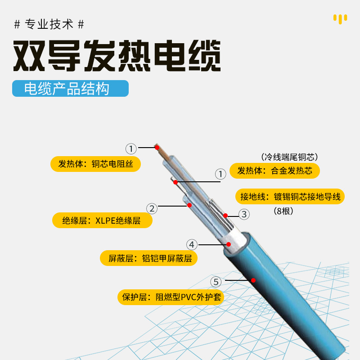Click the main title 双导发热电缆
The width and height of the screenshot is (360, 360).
pyautogui.click(x=117, y=56)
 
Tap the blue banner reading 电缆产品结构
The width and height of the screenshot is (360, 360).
pyautogui.click(x=70, y=89)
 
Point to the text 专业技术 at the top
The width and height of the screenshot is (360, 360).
pyautogui.click(x=49, y=24)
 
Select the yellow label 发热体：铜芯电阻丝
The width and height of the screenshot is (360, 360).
pyautogui.click(x=95, y=164)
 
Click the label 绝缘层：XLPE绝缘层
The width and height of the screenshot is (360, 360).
pyautogui.click(x=101, y=220)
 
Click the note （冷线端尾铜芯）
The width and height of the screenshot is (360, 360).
pyautogui.click(x=289, y=157)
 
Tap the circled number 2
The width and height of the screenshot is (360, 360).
pyautogui.click(x=152, y=208)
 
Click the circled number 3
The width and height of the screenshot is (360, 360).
pyautogui.click(x=243, y=215)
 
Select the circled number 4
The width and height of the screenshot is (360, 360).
pyautogui.click(x=192, y=245)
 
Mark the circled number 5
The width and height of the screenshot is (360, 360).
pyautogui.click(x=216, y=282)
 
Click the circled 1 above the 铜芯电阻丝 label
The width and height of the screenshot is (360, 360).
pyautogui.click(x=130, y=148)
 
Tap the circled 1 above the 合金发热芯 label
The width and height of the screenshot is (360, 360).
pyautogui.click(x=220, y=174)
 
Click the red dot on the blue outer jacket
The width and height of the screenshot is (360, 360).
pyautogui.click(x=253, y=280)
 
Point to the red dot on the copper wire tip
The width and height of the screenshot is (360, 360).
pyautogui.click(x=157, y=147)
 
